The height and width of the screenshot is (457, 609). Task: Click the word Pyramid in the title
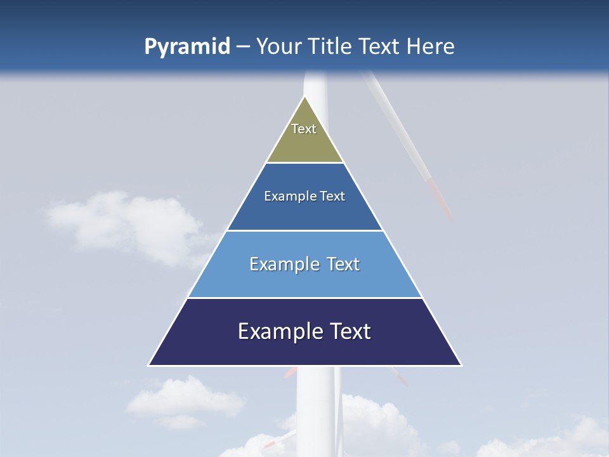point(187,47)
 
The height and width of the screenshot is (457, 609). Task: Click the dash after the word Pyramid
point(242,47)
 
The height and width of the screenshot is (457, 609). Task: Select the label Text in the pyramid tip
point(304,129)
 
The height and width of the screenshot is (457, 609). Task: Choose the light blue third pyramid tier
point(304,279)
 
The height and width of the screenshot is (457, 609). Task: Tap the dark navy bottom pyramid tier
point(304,349)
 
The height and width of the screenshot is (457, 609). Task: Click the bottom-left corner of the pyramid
point(150,365)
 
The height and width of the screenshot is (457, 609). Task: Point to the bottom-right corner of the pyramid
point(461,365)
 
